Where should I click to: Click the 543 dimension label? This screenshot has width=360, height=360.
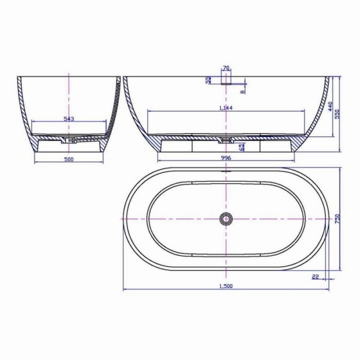pos(68,119)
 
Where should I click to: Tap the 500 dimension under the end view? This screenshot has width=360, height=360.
pos(68,159)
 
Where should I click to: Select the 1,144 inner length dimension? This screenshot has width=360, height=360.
pos(226,108)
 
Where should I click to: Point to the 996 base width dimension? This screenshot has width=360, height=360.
pos(226,158)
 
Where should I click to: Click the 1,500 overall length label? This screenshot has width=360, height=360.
pos(226,286)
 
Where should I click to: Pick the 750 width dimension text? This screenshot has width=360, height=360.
pos(337,219)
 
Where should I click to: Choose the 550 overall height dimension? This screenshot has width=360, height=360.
pos(337,114)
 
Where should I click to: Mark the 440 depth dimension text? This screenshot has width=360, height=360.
pos(330,106)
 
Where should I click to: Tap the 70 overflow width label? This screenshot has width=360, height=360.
pos(226,68)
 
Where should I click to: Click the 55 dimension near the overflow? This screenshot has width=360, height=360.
pos(208,80)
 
